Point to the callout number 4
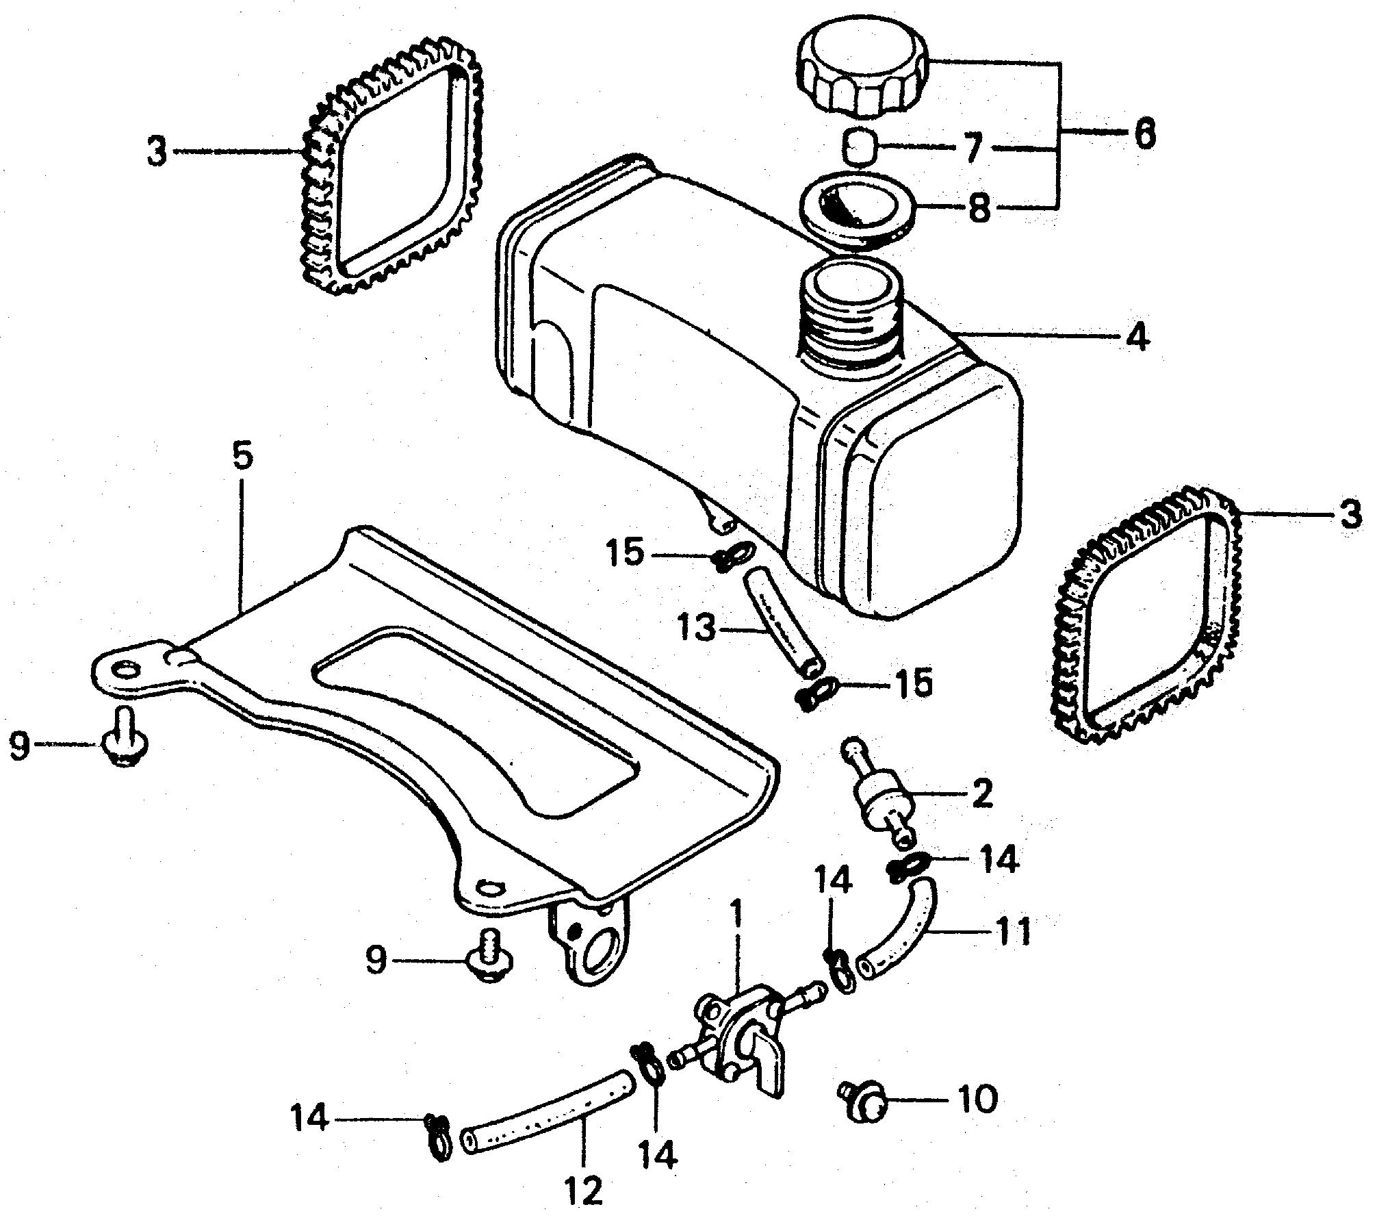1138,338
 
